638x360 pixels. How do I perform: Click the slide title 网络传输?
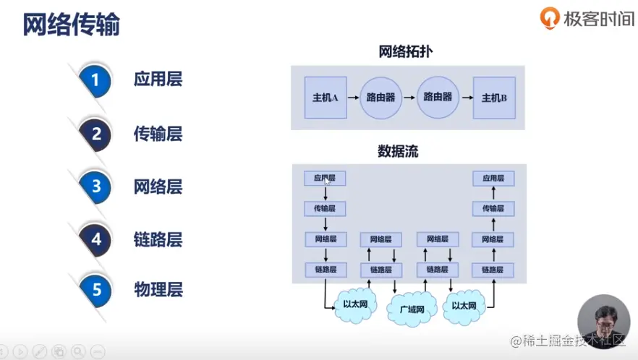click(x=71, y=25)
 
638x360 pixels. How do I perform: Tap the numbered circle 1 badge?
click(x=95, y=80)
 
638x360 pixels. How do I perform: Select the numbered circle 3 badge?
click(x=95, y=187)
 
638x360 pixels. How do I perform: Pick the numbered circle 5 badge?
click(x=95, y=291)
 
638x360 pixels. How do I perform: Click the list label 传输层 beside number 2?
click(x=158, y=134)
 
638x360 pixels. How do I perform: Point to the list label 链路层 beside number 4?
click(x=158, y=239)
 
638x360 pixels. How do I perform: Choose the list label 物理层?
click(x=158, y=291)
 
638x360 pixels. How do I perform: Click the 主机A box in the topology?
click(x=326, y=98)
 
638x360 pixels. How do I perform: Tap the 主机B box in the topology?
click(x=494, y=98)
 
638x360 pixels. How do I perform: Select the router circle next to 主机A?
click(x=381, y=98)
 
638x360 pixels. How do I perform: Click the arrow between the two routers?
click(x=409, y=98)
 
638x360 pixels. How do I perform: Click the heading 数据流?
click(x=398, y=152)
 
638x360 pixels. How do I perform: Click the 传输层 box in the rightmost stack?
click(x=493, y=209)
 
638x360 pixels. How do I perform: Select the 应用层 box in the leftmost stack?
click(x=325, y=178)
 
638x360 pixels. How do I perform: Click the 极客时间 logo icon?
click(x=550, y=19)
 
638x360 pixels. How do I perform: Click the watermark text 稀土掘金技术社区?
click(x=567, y=340)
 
